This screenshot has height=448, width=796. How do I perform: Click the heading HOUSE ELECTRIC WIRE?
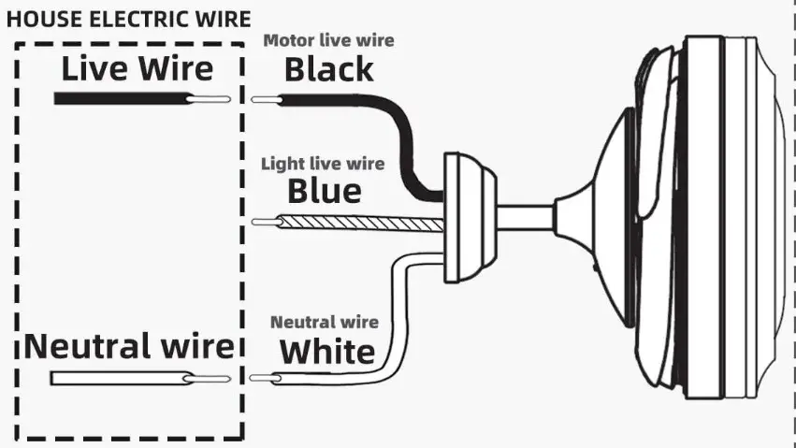pos(129,19)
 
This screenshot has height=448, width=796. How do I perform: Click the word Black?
pos(328,68)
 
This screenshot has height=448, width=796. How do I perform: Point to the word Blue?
pos(324,191)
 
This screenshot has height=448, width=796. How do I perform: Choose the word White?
pos(327,352)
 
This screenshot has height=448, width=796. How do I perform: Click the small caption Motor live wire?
pos(328,40)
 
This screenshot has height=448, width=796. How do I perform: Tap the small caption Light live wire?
pos(323,164)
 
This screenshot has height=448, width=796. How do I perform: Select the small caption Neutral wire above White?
pos(325,322)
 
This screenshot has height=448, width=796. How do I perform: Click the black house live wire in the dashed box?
pos(122,98)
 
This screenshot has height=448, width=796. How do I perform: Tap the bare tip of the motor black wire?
pos(266,98)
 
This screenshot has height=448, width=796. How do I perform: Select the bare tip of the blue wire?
pos(268,223)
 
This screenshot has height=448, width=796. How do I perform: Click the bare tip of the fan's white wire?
pos(267,378)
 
